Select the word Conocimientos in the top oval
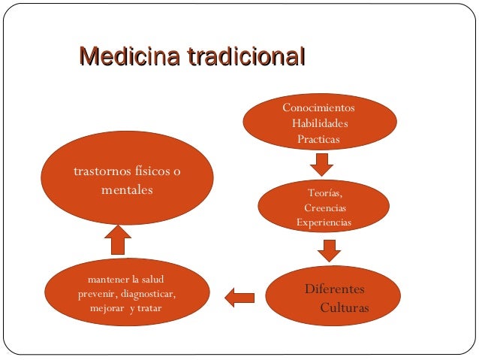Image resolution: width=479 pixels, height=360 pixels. click(x=318, y=108)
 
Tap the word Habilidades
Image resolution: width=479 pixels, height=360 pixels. click(x=320, y=124)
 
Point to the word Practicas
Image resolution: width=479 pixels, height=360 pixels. click(x=318, y=139)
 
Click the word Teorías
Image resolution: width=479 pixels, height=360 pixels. click(x=324, y=192)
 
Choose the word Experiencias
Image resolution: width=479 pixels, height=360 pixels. click(x=324, y=222)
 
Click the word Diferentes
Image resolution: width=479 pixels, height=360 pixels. click(x=334, y=289)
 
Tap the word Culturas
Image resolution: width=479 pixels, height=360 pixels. click(x=345, y=308)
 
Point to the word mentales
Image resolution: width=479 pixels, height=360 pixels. click(x=127, y=190)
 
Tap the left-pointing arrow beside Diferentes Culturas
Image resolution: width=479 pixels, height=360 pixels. click(x=240, y=298)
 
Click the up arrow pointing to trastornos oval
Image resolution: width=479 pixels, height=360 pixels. click(x=117, y=241)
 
